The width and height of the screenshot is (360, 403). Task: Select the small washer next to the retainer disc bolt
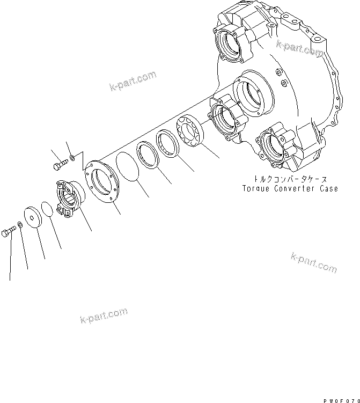coord(20,223)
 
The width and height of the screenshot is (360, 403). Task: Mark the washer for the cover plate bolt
coord(71,158)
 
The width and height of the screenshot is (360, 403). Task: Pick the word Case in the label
coord(329,189)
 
